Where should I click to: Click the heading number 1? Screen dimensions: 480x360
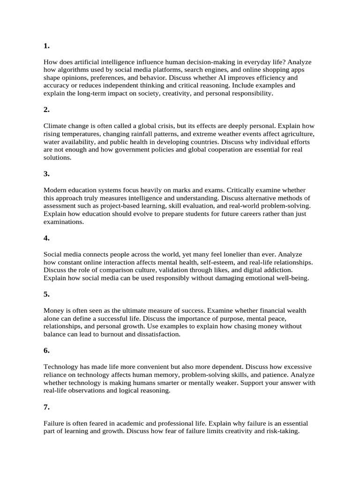(x=46, y=46)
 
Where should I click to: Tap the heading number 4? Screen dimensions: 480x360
(x=46, y=238)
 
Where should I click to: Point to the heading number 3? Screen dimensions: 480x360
(x=46, y=174)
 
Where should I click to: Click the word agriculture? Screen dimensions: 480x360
(x=294, y=134)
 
